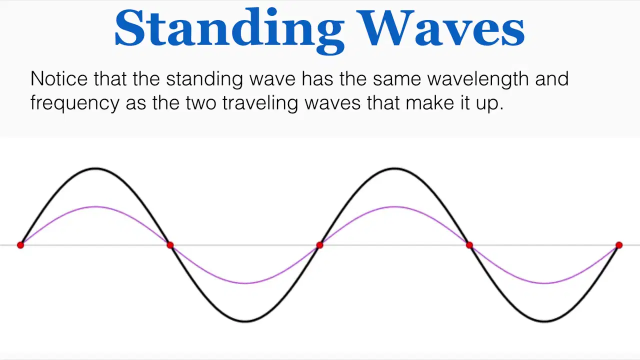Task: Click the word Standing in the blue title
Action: pyautogui.click(x=229, y=30)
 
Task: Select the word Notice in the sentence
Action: pyautogui.click(x=59, y=78)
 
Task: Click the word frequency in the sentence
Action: pyautogui.click(x=75, y=104)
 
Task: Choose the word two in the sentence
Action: pyautogui.click(x=201, y=103)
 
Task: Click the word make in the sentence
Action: pyautogui.click(x=429, y=102)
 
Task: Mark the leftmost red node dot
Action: pyautogui.click(x=20, y=245)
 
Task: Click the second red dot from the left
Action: pyautogui.click(x=170, y=245)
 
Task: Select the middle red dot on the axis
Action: pyautogui.click(x=319, y=245)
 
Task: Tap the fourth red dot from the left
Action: pyautogui.click(x=469, y=245)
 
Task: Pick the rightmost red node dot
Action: pyautogui.click(x=619, y=245)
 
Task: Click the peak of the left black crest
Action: pyautogui.click(x=95, y=168)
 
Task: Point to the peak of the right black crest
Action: pyautogui.click(x=394, y=168)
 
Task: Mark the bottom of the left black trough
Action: pyautogui.click(x=245, y=321)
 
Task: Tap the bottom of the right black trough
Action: pyautogui.click(x=544, y=321)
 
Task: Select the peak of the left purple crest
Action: pyautogui.click(x=95, y=206)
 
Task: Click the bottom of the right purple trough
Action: pyautogui.click(x=544, y=283)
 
